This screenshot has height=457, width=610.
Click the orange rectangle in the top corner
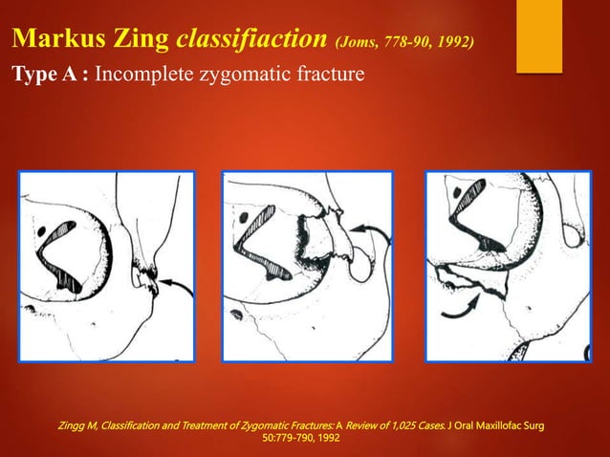(539, 36)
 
